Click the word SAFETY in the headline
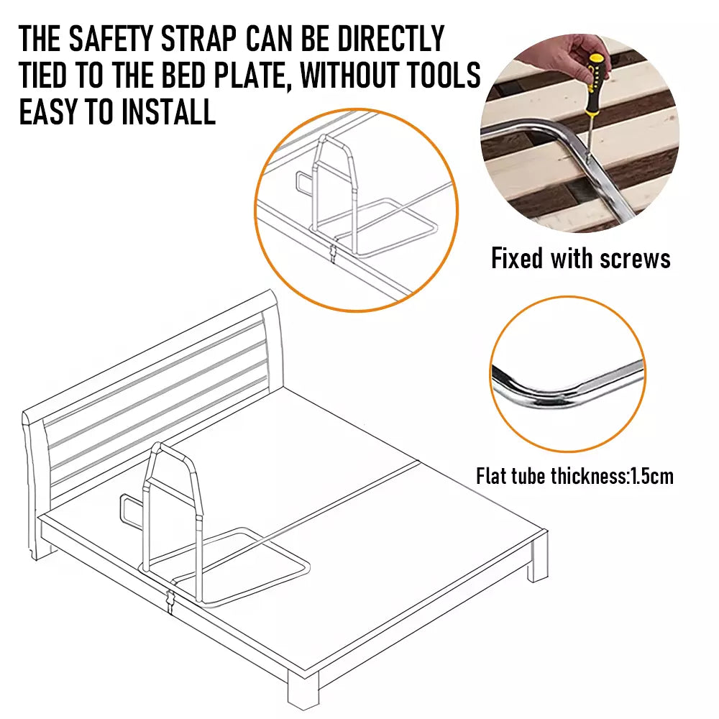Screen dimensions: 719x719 pos(111,39)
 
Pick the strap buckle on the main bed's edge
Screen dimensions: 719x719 pos(171,598)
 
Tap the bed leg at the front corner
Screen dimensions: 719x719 pos(303,690)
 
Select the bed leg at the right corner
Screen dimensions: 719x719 pos(537,559)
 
